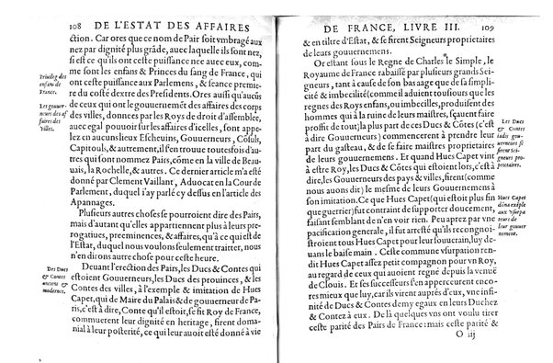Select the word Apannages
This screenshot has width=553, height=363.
96,208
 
